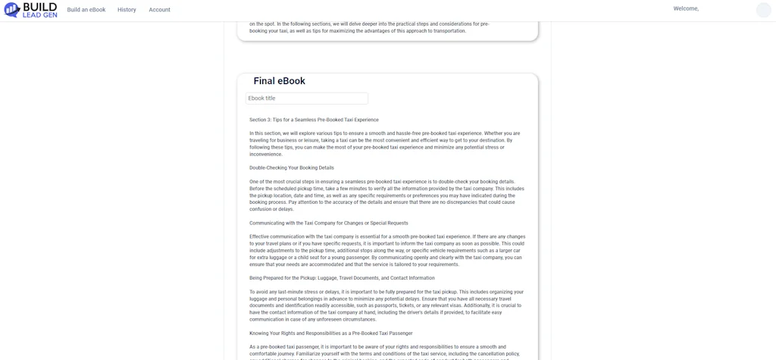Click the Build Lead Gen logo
[x=30, y=10]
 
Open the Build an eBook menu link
[x=86, y=10]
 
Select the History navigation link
[x=127, y=10]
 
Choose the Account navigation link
[x=159, y=10]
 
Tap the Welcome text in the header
[x=686, y=9]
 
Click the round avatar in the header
[x=763, y=10]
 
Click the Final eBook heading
[x=279, y=81]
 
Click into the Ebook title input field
[x=307, y=99]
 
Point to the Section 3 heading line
[x=314, y=120]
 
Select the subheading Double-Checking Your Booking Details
[x=292, y=168]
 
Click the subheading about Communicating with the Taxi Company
[x=329, y=224]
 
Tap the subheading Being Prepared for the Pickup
[x=342, y=278]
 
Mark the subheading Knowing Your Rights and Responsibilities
[x=331, y=333]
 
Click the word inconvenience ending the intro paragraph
[x=266, y=155]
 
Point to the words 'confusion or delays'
[x=271, y=209]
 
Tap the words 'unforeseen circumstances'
[x=355, y=320]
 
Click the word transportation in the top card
[x=446, y=31]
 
